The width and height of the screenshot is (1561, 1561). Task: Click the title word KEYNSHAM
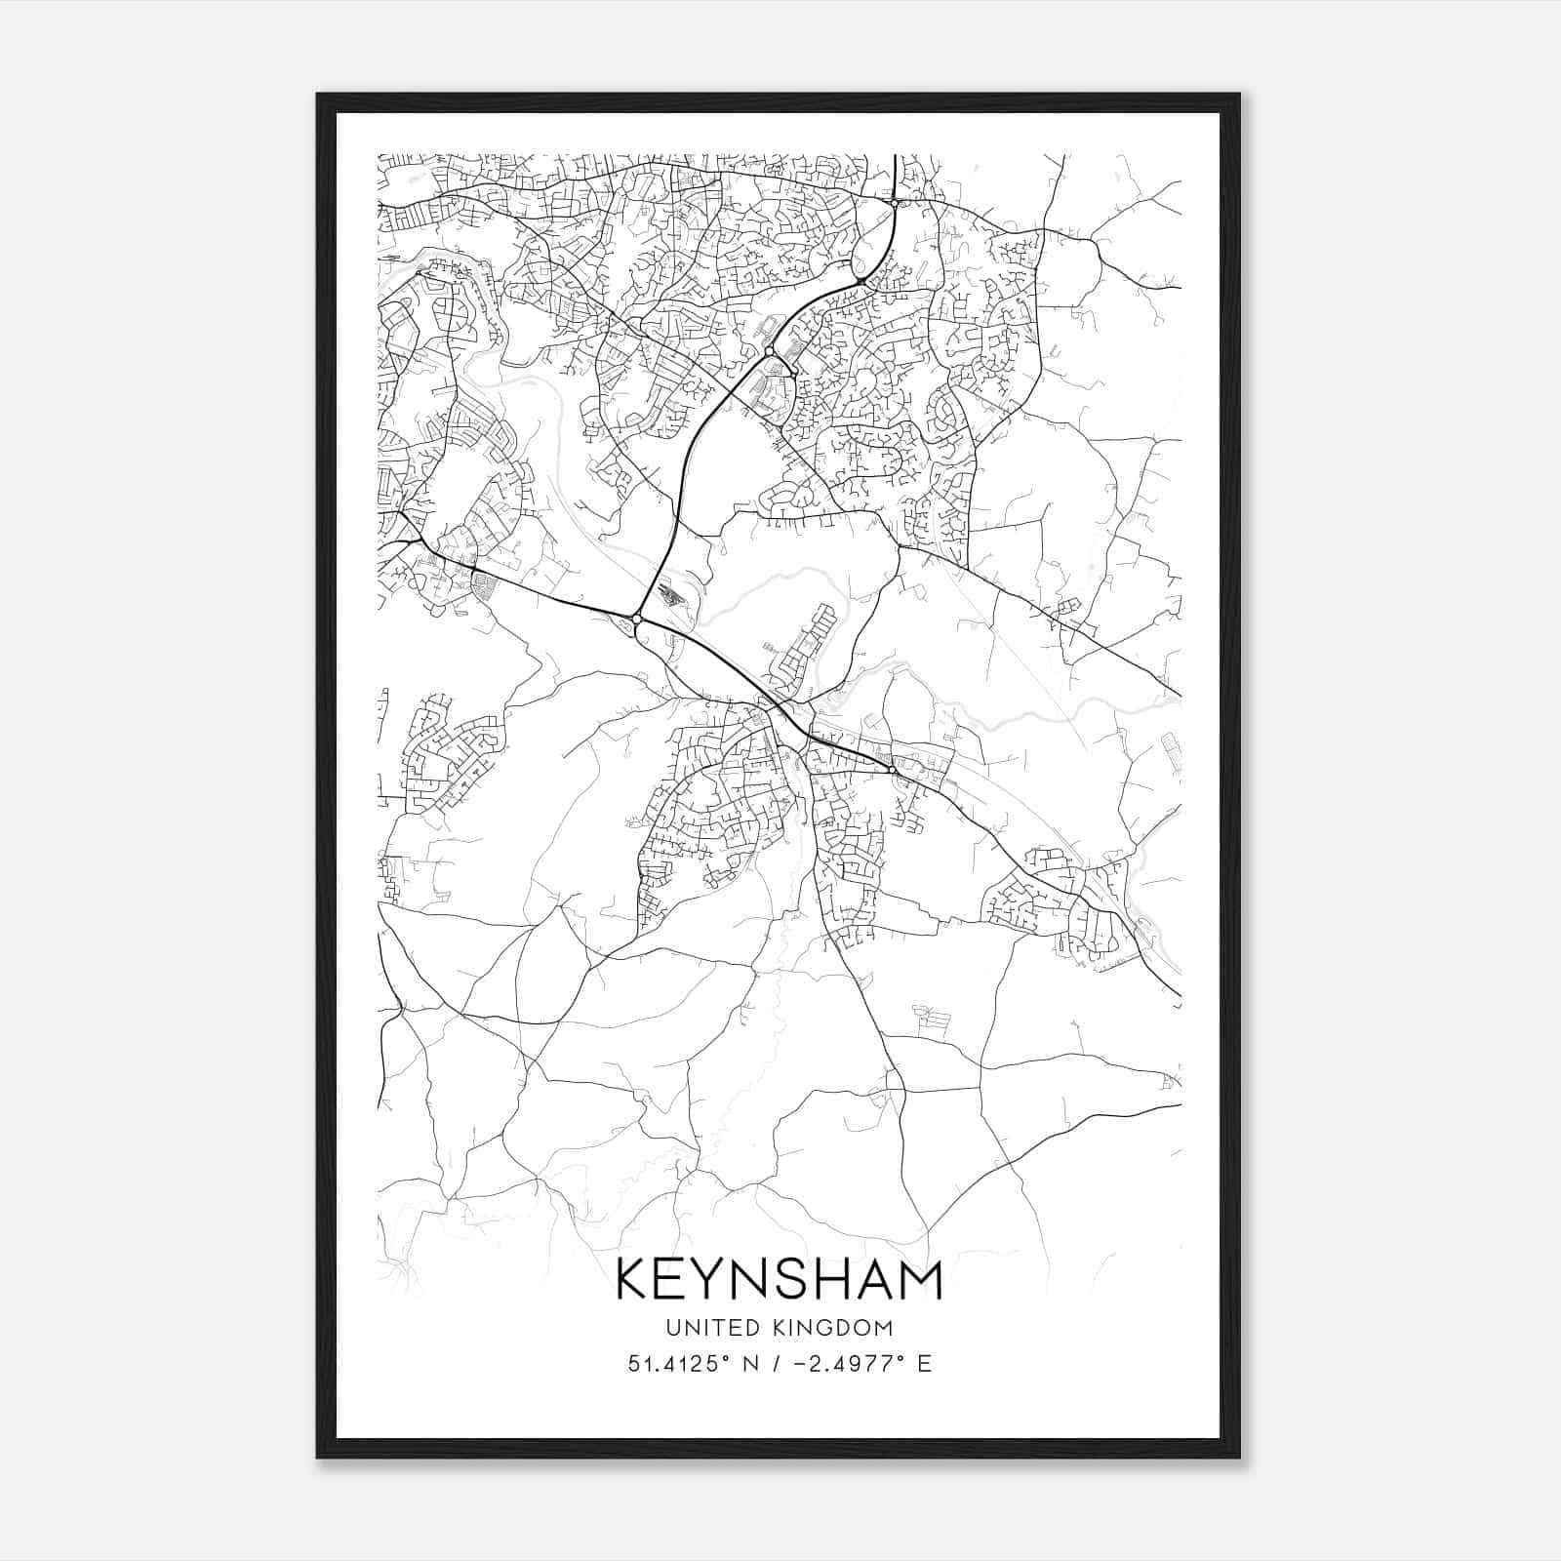coord(779,1280)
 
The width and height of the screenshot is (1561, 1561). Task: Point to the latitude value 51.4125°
coord(680,1363)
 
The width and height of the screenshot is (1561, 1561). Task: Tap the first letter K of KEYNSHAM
coord(634,1280)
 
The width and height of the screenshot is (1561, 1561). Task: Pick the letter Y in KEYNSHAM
coord(723,1280)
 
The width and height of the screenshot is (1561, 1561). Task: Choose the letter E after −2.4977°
coord(924,1363)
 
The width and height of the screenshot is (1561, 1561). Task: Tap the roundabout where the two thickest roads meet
coord(636,619)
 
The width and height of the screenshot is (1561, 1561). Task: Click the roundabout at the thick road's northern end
coord(894,203)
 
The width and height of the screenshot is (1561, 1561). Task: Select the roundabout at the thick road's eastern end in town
coord(892,771)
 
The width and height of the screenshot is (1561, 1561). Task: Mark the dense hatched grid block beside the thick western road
coord(483,586)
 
